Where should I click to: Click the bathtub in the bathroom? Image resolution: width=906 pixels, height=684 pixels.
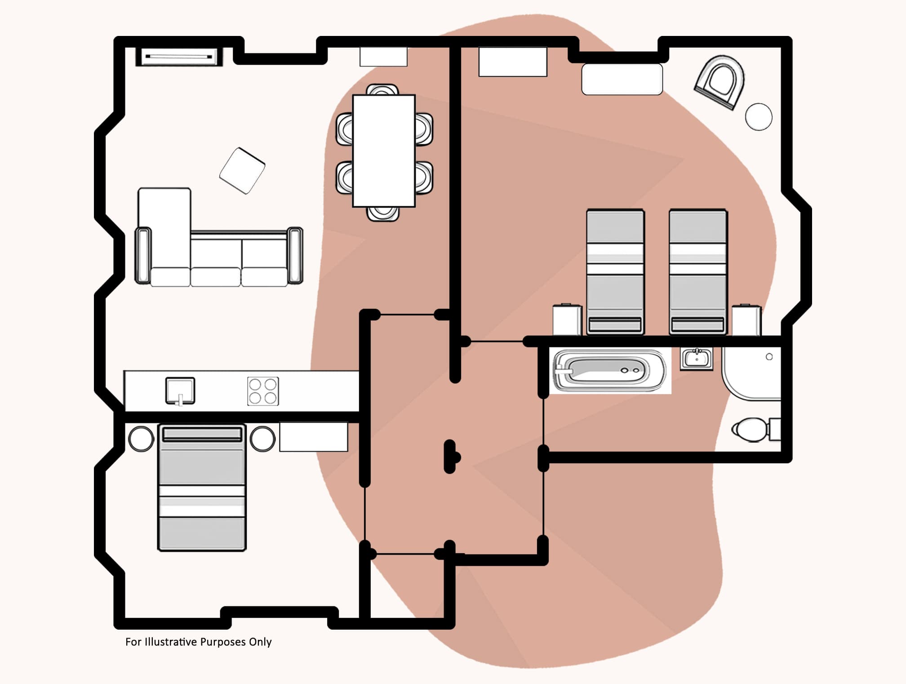tap(609, 371)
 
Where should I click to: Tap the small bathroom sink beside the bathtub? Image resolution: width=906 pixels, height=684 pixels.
tap(697, 359)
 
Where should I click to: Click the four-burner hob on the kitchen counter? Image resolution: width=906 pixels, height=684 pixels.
tap(263, 391)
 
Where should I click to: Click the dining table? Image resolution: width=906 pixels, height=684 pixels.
tap(384, 151)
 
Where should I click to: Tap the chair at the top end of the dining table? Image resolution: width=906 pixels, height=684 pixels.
tap(382, 89)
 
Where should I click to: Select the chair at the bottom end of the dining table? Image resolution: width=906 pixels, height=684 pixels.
tap(382, 213)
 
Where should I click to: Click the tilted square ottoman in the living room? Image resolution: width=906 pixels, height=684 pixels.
tap(242, 171)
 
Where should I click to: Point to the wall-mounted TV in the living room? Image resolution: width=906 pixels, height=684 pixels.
tap(179, 57)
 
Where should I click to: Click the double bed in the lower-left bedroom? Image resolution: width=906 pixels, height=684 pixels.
tap(202, 488)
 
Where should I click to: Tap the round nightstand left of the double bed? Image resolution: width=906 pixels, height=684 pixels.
tap(141, 439)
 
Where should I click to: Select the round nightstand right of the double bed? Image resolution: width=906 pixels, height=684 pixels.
tap(262, 439)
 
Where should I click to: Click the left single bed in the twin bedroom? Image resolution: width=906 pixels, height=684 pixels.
tap(615, 272)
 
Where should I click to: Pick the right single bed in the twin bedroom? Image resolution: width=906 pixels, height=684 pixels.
tap(698, 272)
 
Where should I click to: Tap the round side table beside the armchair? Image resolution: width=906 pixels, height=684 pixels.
tap(759, 117)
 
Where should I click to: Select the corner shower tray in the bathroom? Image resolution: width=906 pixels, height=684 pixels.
tap(751, 373)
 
